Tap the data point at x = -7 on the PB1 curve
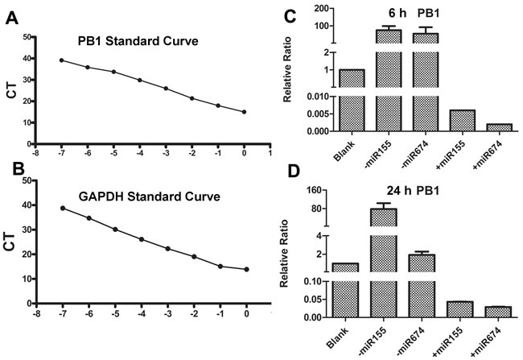[x=61, y=60]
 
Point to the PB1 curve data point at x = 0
[x=245, y=112]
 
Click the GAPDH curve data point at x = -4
[x=140, y=239]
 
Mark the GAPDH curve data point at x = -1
[x=219, y=266]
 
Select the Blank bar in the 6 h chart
[x=352, y=100]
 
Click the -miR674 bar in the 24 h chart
[x=422, y=283]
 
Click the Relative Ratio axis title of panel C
[x=288, y=74]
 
